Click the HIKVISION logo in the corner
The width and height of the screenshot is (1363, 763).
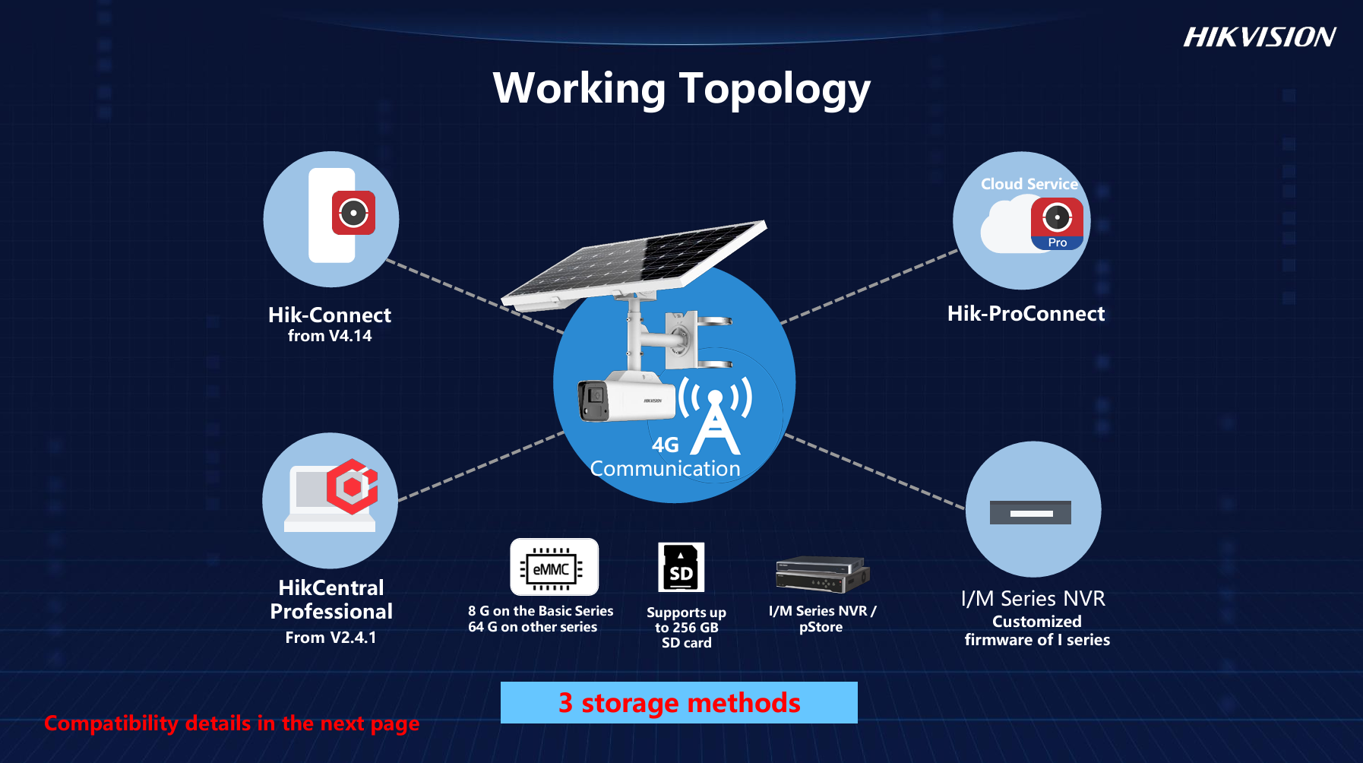(x=1260, y=36)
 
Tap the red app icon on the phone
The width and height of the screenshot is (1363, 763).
(x=353, y=213)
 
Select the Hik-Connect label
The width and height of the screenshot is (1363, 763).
(x=330, y=315)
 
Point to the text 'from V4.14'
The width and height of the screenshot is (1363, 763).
(x=330, y=336)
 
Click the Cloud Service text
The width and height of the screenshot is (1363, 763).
(x=1029, y=184)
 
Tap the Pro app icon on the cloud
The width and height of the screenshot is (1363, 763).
(x=1057, y=223)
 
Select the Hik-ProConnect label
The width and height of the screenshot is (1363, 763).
(x=1026, y=313)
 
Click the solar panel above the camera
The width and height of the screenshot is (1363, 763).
(x=634, y=264)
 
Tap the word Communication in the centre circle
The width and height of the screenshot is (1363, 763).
(x=666, y=468)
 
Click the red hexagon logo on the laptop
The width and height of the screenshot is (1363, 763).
(x=353, y=486)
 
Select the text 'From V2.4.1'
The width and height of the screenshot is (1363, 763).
(x=330, y=637)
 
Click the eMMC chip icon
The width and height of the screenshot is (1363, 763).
(x=555, y=567)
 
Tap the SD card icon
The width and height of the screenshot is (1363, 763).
(x=681, y=567)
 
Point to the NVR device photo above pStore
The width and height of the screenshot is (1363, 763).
(x=823, y=574)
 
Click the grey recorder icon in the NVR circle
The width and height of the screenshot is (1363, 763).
(x=1030, y=512)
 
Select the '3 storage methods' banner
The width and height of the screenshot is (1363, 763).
(x=679, y=702)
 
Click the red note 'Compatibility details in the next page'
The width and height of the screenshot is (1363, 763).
(x=232, y=723)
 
